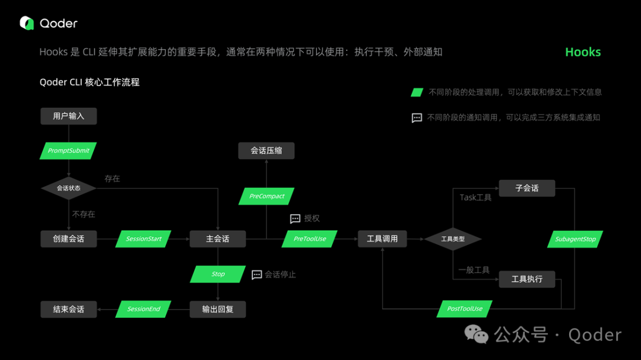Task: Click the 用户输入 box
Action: (68, 116)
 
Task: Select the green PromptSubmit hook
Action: (68, 151)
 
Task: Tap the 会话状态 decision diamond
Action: (68, 188)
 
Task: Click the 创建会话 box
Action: (68, 239)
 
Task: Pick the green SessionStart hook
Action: (144, 239)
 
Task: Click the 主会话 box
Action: (217, 239)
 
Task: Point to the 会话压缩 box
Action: (266, 151)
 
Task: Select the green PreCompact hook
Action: (266, 196)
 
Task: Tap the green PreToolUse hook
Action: (310, 239)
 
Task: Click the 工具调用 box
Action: (382, 239)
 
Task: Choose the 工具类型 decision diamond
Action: (453, 239)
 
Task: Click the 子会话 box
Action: (526, 188)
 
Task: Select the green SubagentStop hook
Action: (575, 239)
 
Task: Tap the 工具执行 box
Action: (526, 279)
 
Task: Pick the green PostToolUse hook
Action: (465, 309)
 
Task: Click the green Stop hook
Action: (218, 274)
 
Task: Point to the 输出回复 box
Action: (217, 309)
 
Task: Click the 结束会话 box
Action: (68, 309)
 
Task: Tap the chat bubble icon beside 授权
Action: (295, 219)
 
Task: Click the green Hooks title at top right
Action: (583, 52)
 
